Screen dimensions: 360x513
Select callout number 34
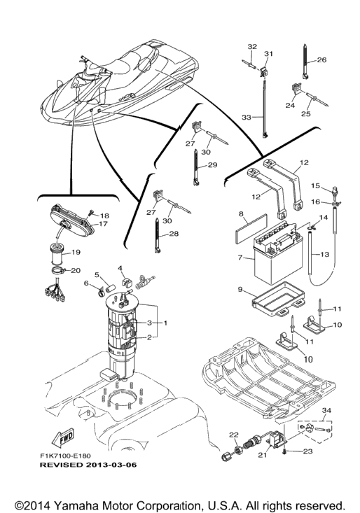(326, 410)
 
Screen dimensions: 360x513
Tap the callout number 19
(76, 252)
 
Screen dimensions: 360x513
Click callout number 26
(321, 60)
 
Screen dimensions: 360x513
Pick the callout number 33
(246, 117)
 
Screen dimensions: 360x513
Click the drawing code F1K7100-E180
(65, 456)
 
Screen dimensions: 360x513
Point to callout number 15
(315, 186)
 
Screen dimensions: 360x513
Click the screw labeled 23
(286, 452)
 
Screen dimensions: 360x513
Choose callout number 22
(234, 435)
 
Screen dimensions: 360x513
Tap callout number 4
(120, 269)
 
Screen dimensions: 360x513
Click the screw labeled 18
(90, 213)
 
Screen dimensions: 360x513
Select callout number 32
(252, 47)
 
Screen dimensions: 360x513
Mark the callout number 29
(212, 164)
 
